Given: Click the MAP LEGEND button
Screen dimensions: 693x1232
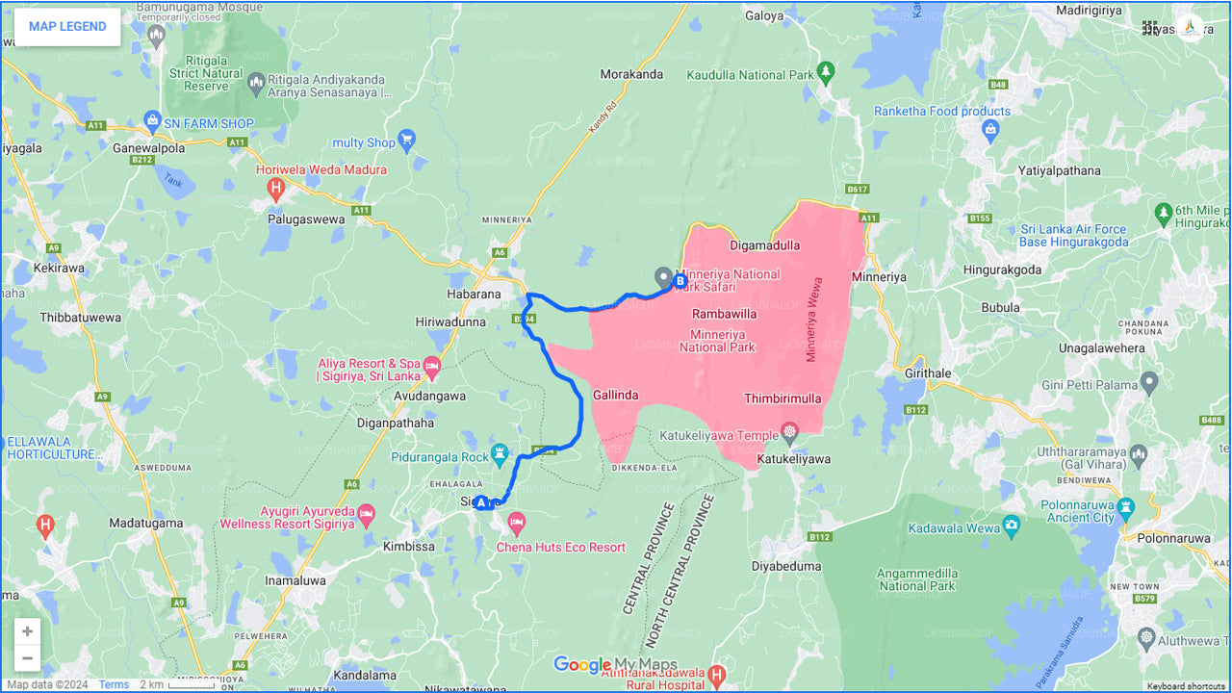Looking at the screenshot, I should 67,27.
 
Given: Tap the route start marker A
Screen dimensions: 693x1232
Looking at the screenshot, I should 481,502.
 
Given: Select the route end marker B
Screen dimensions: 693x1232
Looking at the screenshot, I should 680,282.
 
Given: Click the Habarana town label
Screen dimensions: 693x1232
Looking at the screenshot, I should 474,295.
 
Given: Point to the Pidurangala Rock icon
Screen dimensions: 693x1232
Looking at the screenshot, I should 499,451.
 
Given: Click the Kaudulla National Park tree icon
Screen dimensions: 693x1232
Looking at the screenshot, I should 825,71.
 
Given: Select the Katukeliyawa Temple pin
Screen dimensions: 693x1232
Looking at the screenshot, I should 790,430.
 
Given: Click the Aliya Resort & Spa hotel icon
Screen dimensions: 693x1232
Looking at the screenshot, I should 432,366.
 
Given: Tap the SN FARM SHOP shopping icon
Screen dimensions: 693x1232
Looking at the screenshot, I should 151,119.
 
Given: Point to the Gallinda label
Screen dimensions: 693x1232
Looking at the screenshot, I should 616,395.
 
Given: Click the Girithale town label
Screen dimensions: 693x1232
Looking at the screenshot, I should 928,372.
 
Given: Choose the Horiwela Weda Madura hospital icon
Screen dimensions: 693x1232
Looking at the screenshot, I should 276,188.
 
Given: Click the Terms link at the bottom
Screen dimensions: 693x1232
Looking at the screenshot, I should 114,684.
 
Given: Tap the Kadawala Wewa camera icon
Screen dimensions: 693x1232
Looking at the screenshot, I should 1011,525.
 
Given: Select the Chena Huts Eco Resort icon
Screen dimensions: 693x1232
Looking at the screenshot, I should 517,524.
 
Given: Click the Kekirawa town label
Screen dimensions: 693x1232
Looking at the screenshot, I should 60,269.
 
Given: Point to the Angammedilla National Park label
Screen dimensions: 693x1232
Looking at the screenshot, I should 916,579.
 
